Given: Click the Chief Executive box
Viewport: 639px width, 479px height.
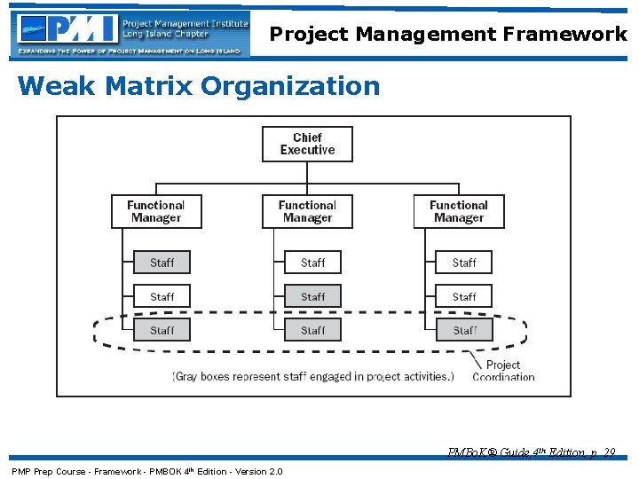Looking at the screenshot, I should (x=307, y=144).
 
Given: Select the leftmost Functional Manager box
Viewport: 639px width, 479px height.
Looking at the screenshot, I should (x=156, y=211).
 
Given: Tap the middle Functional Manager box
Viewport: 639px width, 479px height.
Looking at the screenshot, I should (x=307, y=211).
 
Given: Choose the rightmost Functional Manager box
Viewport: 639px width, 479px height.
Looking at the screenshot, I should (x=459, y=211).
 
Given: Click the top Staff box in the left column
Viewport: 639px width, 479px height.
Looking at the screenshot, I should (x=162, y=263).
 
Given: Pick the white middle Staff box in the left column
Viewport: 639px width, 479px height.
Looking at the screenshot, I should (x=162, y=296).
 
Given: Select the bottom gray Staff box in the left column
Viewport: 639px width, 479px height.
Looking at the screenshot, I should (x=162, y=330).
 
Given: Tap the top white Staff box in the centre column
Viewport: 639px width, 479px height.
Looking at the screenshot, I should (x=312, y=263).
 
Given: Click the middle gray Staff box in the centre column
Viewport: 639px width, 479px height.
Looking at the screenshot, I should (x=312, y=296).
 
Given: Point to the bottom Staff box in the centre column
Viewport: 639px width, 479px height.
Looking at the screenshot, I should (x=312, y=330).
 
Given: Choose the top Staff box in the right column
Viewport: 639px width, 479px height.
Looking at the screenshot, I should (x=463, y=263).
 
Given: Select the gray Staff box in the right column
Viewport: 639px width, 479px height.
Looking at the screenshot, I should (x=464, y=330).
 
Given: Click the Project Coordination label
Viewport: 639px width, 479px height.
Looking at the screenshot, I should (x=503, y=371).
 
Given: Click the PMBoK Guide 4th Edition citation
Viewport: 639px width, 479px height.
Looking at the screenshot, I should (x=532, y=453).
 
